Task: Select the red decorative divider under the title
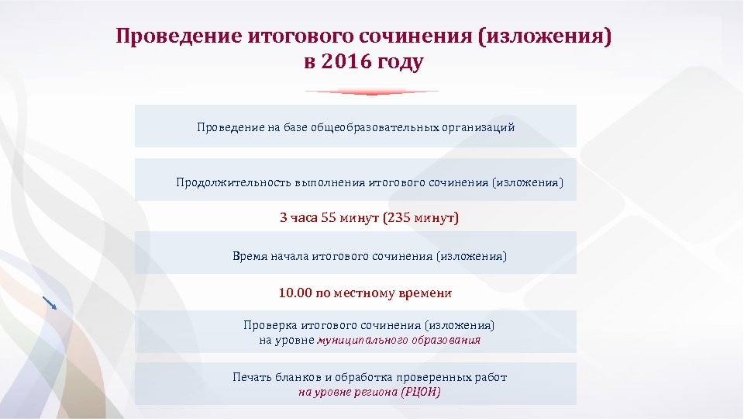pos(372,92)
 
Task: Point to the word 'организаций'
pos(478,126)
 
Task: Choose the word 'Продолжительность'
pos(233,183)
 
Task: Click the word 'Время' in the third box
pos(250,255)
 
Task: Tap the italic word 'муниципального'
pos(358,340)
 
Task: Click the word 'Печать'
pos(252,377)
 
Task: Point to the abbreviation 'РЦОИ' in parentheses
pos(421,392)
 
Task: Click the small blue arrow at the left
pos(50,302)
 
